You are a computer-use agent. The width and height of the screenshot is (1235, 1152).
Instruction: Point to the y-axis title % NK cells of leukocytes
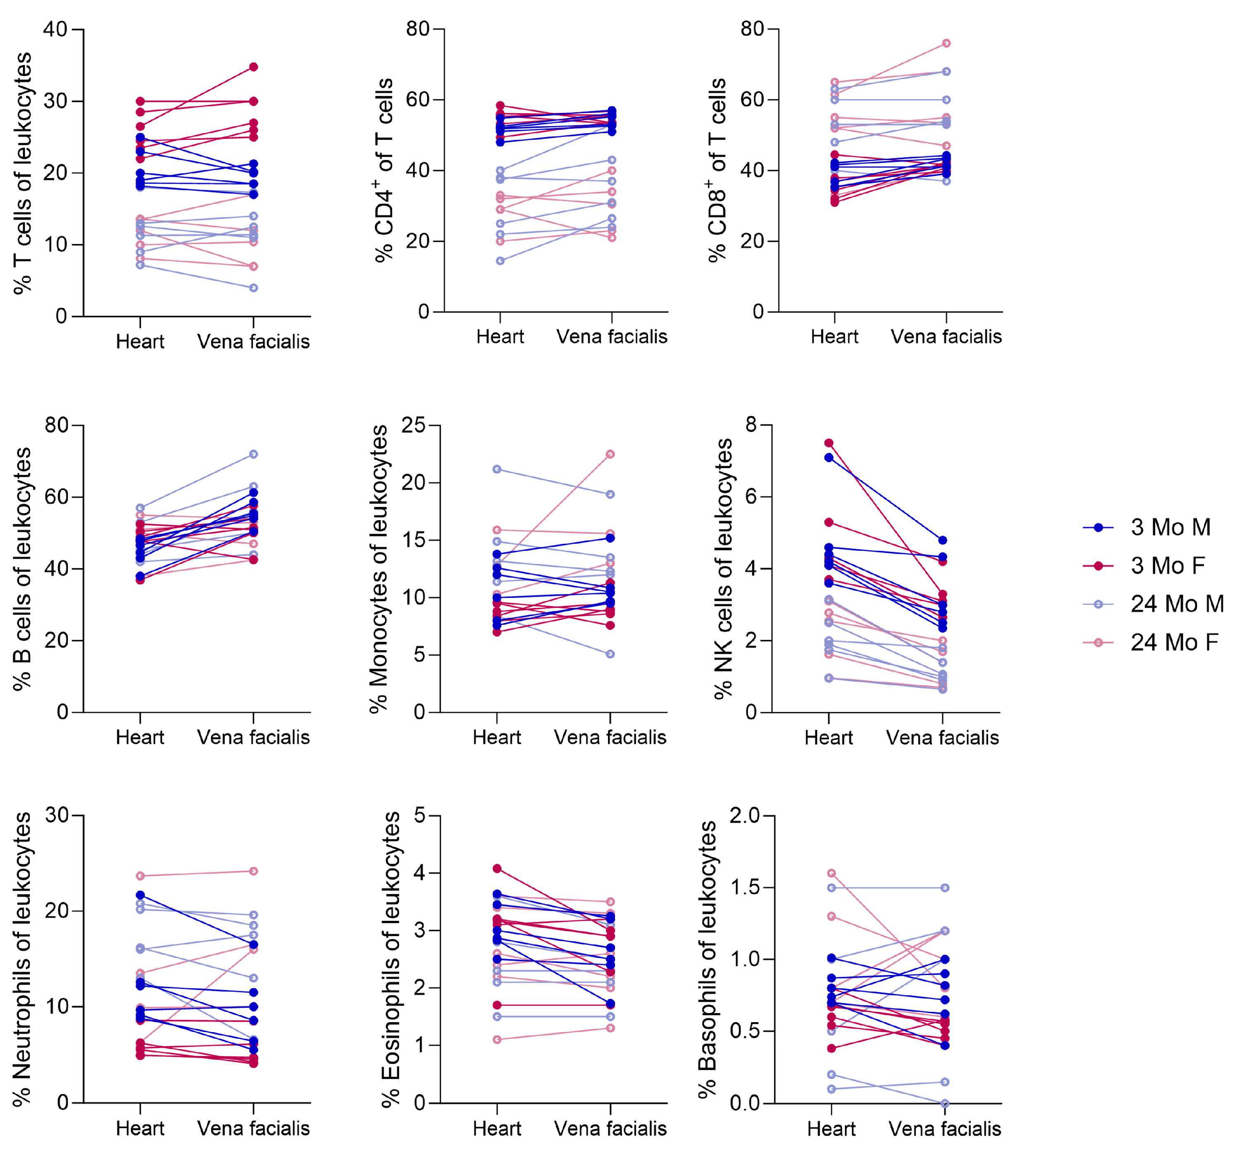click(723, 568)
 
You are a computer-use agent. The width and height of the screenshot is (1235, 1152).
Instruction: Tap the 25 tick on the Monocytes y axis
click(413, 425)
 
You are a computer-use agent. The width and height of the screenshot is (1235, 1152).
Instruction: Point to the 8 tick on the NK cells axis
click(752, 425)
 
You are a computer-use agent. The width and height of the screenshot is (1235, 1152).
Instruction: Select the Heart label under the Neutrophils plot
click(140, 1128)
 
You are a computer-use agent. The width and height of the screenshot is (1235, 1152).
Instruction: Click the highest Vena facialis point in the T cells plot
click(254, 67)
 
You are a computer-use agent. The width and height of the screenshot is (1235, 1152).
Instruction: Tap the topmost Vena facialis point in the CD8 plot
click(946, 43)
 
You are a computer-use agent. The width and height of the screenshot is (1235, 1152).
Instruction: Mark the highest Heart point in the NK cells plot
click(829, 443)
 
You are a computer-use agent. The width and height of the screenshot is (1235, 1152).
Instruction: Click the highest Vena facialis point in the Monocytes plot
click(610, 454)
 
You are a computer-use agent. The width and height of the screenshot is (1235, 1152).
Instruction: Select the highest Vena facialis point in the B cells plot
click(254, 454)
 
